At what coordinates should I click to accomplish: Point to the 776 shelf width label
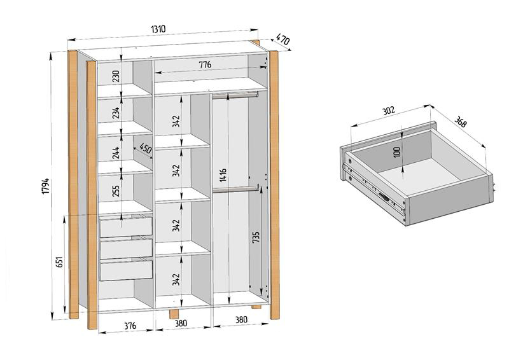[204, 65]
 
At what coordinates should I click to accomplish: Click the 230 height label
[116, 76]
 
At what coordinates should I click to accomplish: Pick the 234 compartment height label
[116, 113]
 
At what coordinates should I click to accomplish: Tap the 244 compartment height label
[116, 153]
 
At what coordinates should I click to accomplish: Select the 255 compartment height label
[116, 191]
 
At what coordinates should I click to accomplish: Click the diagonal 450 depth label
[145, 150]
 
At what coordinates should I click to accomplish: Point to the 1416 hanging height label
[223, 175]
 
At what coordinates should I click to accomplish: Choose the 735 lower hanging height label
[256, 238]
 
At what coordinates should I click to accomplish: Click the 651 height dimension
[59, 264]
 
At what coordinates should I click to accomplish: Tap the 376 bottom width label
[129, 326]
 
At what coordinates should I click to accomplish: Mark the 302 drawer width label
[388, 110]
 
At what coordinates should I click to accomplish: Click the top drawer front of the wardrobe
[126, 226]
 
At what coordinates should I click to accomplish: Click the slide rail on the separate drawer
[375, 188]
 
